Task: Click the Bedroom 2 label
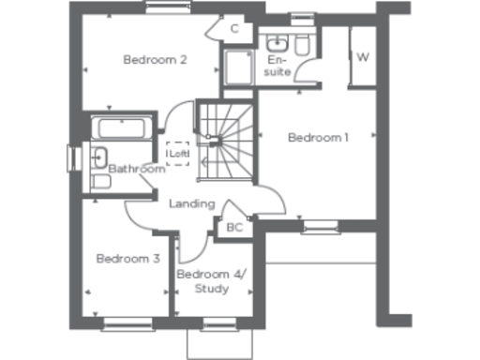(x=156, y=60)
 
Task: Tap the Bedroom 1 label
(x=318, y=138)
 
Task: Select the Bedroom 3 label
(x=128, y=258)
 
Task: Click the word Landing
(x=191, y=203)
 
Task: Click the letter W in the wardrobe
(x=362, y=57)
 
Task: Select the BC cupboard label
(x=234, y=227)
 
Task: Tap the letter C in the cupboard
(x=234, y=29)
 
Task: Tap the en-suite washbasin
(x=277, y=44)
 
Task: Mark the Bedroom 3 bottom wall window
(x=127, y=325)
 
